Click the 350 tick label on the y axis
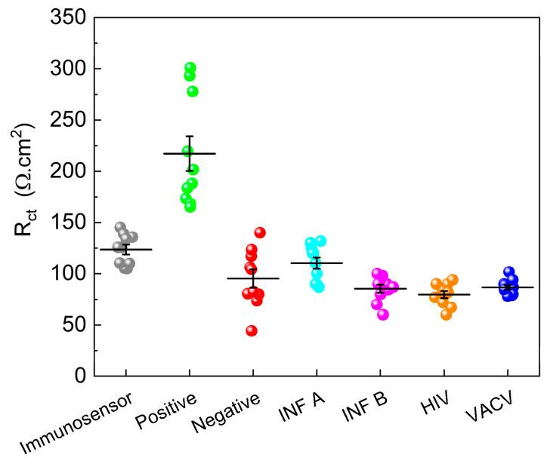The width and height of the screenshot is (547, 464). (x=67, y=17)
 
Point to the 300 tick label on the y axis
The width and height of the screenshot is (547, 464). (x=67, y=69)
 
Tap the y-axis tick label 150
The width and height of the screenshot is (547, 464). (x=67, y=222)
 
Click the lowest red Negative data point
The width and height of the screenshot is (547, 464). (x=252, y=330)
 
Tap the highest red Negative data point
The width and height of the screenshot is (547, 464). (x=260, y=232)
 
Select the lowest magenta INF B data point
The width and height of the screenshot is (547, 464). (x=383, y=314)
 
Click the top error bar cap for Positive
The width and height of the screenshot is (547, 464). (x=190, y=136)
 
